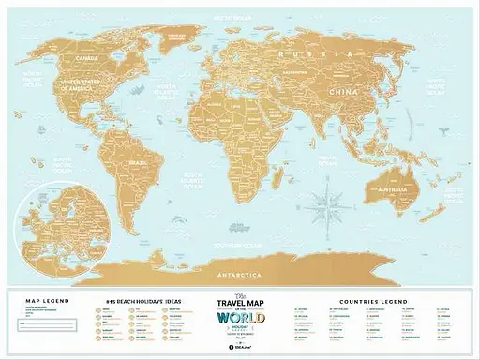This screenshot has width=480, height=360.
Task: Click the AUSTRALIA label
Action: (x=388, y=190)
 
